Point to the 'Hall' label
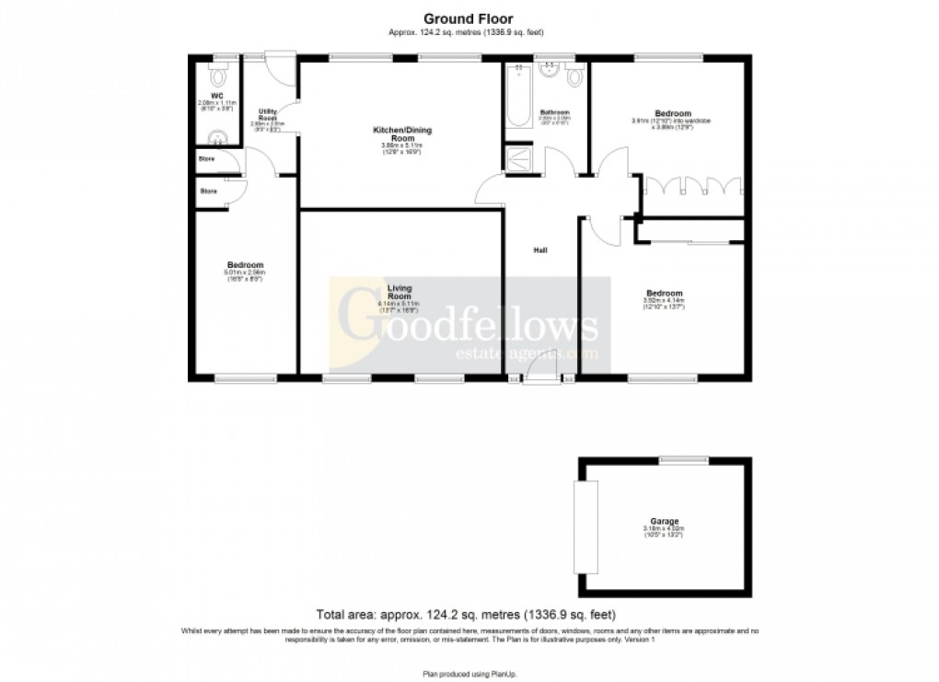(541, 249)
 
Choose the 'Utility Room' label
(268, 114)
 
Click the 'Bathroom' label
(555, 112)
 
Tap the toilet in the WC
(217, 77)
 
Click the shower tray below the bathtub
(518, 158)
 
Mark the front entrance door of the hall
(541, 379)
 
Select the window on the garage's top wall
(682, 459)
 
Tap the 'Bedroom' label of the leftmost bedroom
(246, 266)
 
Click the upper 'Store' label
(209, 158)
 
